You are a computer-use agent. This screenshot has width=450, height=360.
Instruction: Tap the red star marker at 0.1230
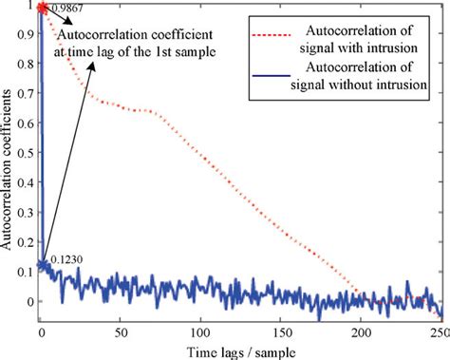click(40, 265)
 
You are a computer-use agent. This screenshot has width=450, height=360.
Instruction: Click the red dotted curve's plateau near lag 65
click(142, 111)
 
